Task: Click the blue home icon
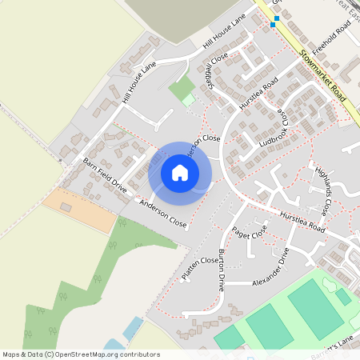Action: [x=180, y=172]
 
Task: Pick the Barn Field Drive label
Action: [x=105, y=174]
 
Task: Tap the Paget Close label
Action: [x=248, y=233]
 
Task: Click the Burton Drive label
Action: [x=222, y=271]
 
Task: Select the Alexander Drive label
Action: [x=269, y=271]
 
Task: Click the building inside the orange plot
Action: [x=66, y=207]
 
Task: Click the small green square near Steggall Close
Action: [x=188, y=100]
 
